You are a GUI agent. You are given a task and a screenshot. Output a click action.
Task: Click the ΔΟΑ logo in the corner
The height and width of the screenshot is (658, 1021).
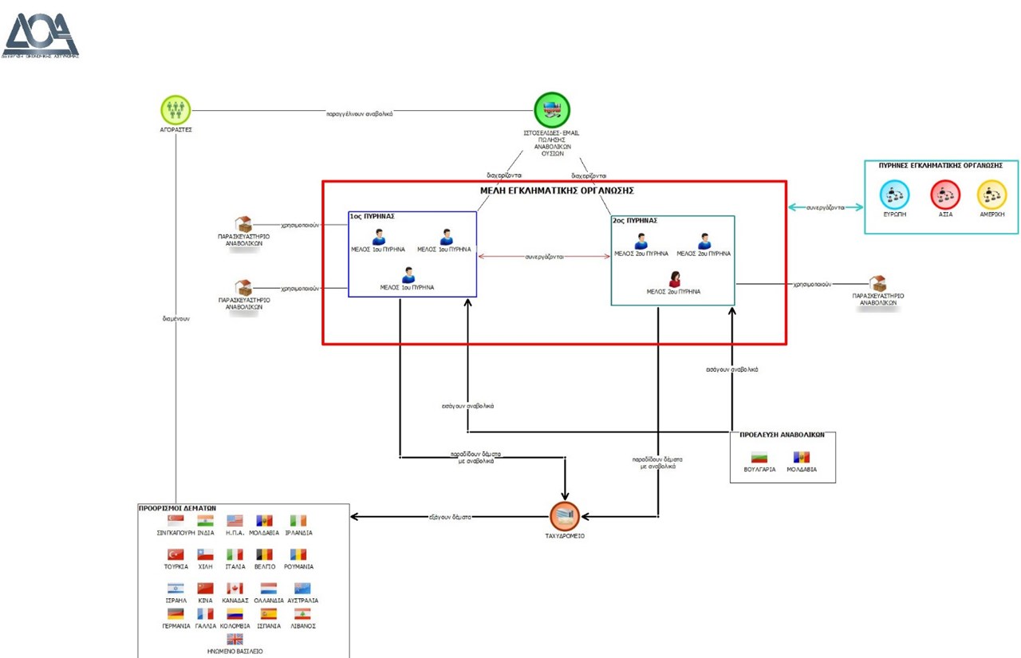tap(41, 35)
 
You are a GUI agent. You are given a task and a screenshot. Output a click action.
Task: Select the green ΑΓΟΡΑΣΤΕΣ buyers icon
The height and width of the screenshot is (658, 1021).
tap(176, 108)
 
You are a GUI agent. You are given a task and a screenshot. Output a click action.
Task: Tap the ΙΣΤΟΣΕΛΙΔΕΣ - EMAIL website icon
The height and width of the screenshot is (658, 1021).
tap(552, 110)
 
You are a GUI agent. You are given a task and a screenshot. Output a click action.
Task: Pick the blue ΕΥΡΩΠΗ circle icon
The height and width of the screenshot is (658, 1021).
tap(894, 195)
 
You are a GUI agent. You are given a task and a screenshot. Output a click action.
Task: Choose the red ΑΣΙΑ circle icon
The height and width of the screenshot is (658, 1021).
tap(945, 195)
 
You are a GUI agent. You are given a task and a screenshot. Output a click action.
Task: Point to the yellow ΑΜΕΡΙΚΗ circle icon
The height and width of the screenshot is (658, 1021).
tap(991, 195)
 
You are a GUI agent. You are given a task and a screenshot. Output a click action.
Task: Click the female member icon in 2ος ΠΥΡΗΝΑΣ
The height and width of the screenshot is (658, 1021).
tap(674, 278)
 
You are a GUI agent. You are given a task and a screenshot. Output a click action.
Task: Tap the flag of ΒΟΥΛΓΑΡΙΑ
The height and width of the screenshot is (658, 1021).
tap(759, 458)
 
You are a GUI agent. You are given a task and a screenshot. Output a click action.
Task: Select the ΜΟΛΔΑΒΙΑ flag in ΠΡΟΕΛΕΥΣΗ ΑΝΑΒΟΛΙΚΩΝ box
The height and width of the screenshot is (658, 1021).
tap(801, 458)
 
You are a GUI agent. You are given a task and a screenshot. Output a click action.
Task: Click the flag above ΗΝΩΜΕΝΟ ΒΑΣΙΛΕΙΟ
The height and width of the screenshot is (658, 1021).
tap(235, 640)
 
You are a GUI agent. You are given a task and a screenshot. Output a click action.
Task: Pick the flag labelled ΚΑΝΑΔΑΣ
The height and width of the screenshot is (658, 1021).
tap(235, 589)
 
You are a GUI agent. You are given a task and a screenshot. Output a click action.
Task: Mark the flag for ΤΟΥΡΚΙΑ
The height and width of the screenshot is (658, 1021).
tap(175, 554)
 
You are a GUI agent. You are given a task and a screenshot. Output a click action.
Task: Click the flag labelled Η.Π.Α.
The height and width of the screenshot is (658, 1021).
tap(235, 521)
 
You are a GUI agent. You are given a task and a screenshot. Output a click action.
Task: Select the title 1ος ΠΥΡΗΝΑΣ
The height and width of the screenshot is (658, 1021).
tap(373, 216)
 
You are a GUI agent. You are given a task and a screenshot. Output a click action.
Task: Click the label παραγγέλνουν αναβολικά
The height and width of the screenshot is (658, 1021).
tap(359, 113)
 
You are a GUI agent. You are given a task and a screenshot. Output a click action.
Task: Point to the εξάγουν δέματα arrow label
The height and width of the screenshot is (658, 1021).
tap(451, 517)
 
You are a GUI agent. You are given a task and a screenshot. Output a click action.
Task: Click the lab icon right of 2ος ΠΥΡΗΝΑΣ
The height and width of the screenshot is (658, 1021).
tap(878, 284)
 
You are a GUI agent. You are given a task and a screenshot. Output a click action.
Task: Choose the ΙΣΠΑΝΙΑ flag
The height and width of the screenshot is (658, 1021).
tap(269, 614)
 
